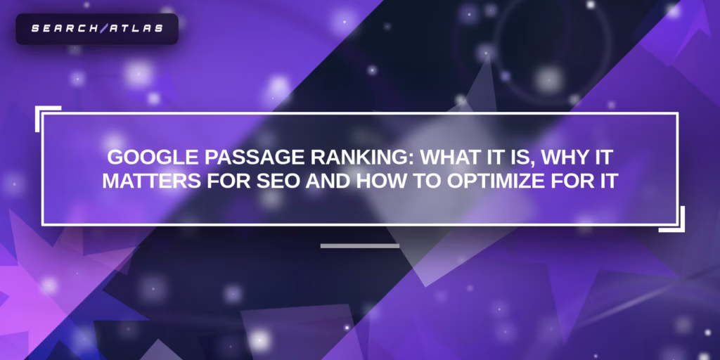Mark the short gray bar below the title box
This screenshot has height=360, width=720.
(x=359, y=246)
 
